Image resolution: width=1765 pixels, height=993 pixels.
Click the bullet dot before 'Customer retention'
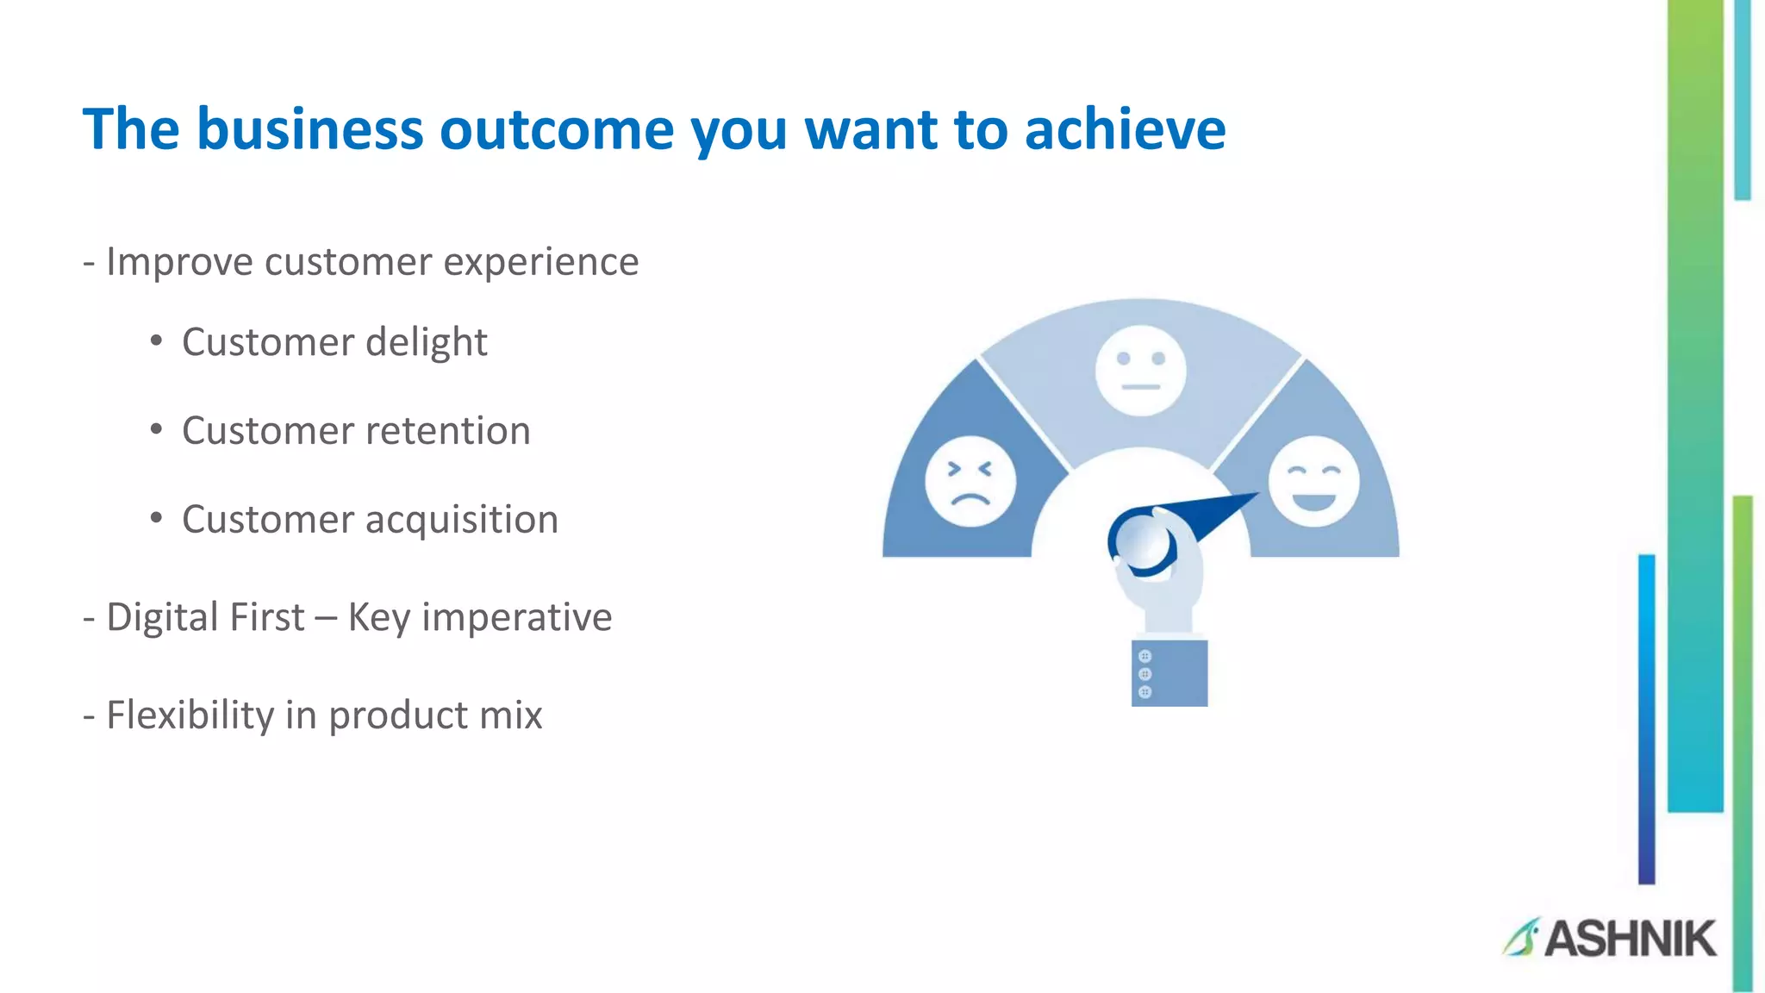pos(156,429)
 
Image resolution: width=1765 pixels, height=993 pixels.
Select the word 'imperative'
pos(516,618)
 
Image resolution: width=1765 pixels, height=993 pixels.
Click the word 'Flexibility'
pos(190,715)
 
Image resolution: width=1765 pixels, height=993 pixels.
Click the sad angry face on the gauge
pos(970,481)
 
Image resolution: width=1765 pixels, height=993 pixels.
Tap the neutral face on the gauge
pos(1140,371)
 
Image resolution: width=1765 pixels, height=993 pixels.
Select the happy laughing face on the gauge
pos(1313,481)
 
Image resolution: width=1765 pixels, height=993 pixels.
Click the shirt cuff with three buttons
pos(1169,673)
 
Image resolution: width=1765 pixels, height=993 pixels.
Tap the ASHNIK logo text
pos(1630,939)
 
